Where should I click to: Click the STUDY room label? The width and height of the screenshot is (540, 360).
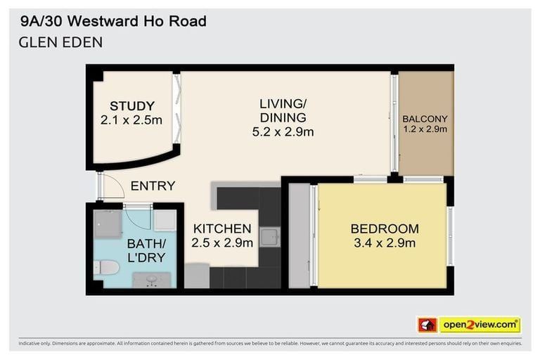coord(131,106)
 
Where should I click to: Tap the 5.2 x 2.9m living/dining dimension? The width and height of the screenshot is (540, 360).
coord(283,131)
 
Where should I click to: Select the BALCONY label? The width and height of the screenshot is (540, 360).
coord(425,119)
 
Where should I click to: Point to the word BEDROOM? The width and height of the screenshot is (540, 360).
coord(384,229)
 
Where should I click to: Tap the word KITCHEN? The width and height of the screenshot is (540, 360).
coord(222,229)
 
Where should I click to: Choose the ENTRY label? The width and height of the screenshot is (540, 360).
coord(153,186)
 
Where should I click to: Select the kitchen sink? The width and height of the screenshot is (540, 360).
coord(269,238)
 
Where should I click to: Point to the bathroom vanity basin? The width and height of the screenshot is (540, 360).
coord(152,280)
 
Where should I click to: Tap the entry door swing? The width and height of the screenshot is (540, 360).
coord(110,186)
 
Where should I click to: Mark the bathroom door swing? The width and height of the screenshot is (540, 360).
coord(138,215)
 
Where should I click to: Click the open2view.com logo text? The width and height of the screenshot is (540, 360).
coord(480,324)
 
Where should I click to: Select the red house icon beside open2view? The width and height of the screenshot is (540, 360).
coord(427,324)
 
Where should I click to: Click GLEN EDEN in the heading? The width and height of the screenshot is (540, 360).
coord(61,42)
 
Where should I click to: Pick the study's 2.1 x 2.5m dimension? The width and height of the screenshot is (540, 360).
coord(131,120)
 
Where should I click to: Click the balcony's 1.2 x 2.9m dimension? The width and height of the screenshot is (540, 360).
coord(425,129)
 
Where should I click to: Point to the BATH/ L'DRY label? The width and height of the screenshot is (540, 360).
coord(146,250)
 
